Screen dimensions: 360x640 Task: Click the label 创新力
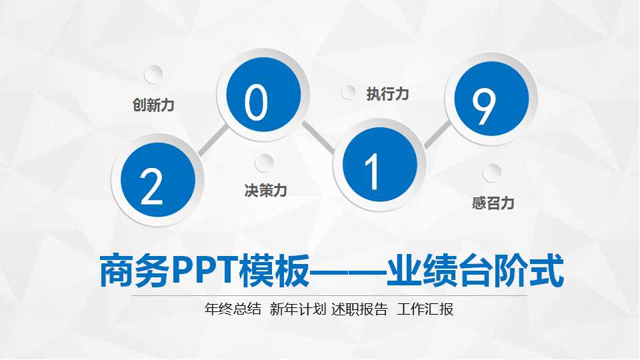point(153,105)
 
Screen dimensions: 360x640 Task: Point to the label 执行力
point(387,94)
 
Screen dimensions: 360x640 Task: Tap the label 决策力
point(265,191)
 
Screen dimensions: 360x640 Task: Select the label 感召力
point(493,203)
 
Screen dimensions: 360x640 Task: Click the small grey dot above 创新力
point(153,74)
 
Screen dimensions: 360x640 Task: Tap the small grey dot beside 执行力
point(349,93)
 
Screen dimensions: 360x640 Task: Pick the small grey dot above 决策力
point(265,163)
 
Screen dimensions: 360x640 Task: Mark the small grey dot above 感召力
point(492,173)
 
